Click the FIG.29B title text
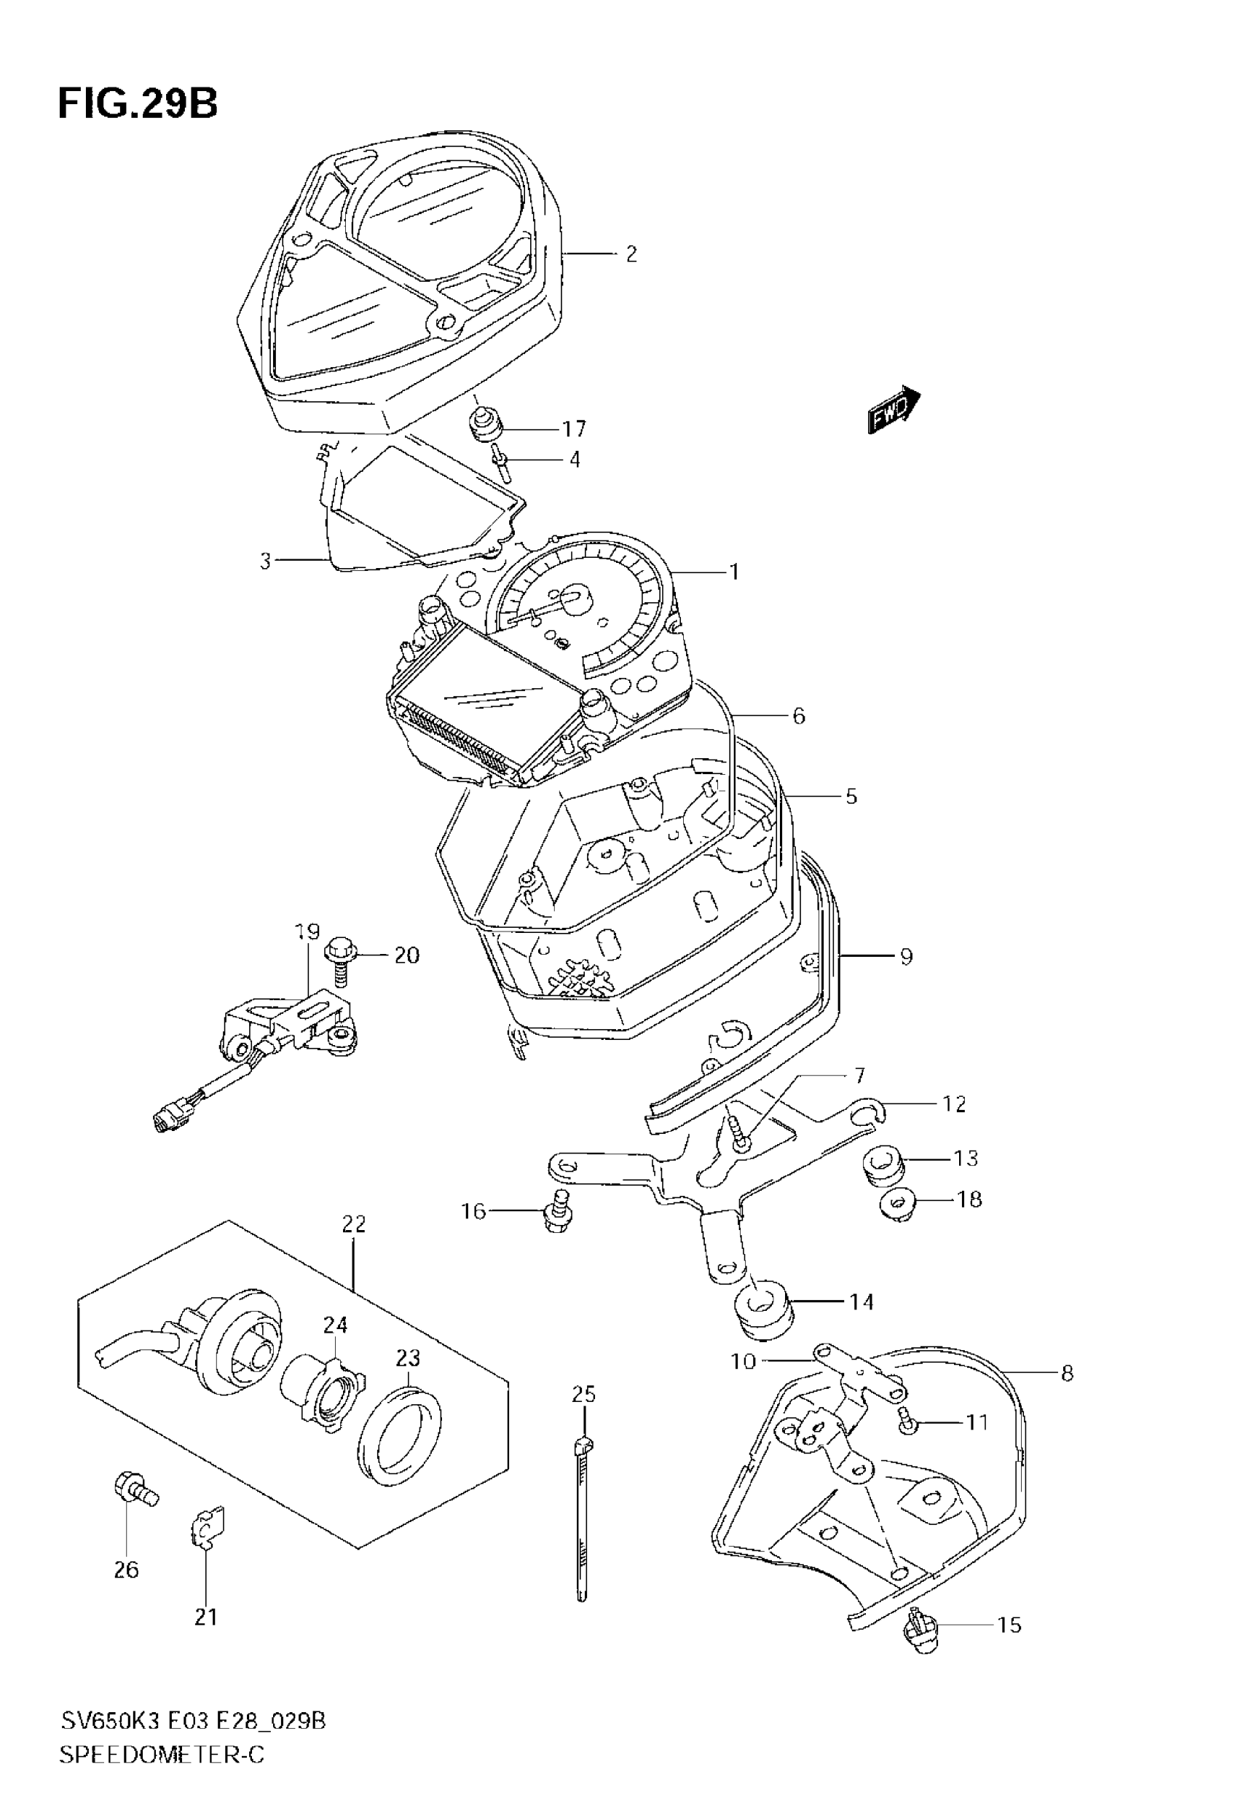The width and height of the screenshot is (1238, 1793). [x=138, y=103]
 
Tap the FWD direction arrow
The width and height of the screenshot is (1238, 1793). [x=893, y=409]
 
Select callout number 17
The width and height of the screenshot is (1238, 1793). [x=574, y=429]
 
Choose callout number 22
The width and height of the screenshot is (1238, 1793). [x=354, y=1223]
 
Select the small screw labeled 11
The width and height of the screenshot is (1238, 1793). [x=908, y=1422]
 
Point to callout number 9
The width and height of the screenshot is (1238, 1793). [x=906, y=956]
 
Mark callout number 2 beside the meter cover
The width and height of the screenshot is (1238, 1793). [x=631, y=254]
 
